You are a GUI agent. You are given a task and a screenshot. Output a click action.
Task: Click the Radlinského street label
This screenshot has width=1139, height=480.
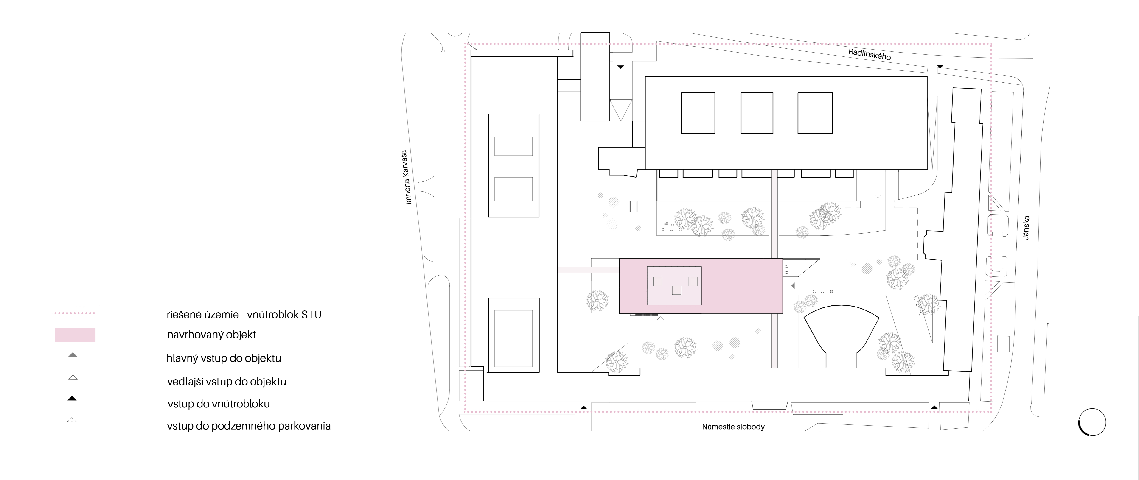click(x=869, y=54)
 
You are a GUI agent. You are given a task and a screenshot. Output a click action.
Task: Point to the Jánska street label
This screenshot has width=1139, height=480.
click(x=1026, y=228)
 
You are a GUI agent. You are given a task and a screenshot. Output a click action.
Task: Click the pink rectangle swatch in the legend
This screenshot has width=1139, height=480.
click(x=75, y=335)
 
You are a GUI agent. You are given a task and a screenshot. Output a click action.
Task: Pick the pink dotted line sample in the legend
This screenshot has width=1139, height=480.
click(x=75, y=313)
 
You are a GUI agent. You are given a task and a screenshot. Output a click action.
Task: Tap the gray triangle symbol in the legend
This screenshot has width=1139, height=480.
click(x=73, y=354)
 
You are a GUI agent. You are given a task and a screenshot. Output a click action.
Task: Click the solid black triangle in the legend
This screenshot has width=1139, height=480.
click(x=72, y=398)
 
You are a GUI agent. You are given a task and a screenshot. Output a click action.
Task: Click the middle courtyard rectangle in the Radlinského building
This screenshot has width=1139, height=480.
click(x=757, y=113)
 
